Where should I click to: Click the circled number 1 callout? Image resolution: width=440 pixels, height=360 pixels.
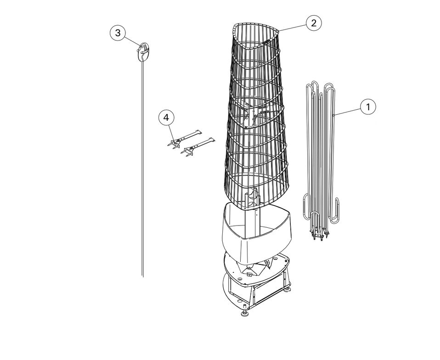(x=368, y=107)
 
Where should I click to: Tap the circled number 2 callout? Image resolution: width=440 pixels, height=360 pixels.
(x=313, y=22)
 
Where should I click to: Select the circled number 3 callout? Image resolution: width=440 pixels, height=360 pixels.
(x=118, y=33)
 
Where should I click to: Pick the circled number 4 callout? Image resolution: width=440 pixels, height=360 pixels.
(x=166, y=118)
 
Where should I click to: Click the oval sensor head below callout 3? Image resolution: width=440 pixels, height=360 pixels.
(x=144, y=51)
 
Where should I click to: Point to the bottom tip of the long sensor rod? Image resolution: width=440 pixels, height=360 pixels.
(x=143, y=277)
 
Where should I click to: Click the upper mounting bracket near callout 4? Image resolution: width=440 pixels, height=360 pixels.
(x=184, y=139)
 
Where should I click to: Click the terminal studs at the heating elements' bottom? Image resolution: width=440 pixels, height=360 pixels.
(x=319, y=235)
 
